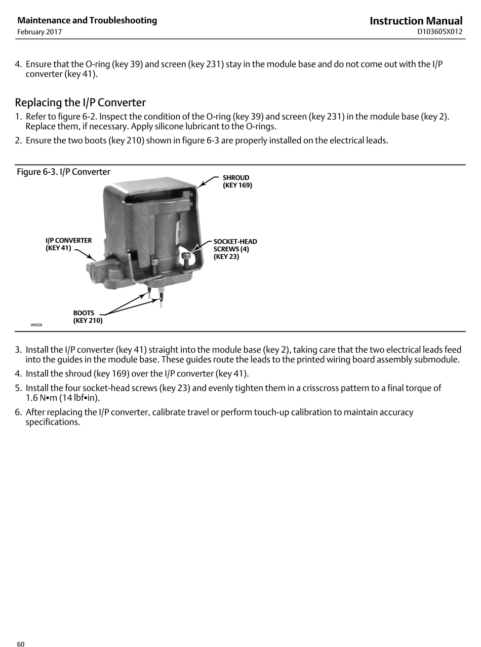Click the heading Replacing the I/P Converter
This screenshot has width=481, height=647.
coord(81,102)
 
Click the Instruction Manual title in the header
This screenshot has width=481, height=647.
coord(416,21)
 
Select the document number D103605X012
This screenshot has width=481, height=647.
coord(439,32)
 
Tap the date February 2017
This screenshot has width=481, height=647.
coord(39,32)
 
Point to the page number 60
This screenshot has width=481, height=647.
coord(21,644)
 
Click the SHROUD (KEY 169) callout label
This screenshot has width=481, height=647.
coord(237,181)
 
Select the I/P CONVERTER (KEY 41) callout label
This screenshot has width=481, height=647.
coord(68,244)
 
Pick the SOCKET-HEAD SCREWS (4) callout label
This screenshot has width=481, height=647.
coord(234,249)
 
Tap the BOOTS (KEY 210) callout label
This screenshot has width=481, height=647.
coord(87,317)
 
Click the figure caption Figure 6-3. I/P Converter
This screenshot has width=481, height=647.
coord(63,172)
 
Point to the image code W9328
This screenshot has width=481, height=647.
coord(36,325)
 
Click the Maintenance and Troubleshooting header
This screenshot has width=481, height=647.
coord(87,20)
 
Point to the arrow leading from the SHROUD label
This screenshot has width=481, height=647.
coord(209,181)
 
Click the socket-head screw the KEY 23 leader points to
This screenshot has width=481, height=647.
coord(187,255)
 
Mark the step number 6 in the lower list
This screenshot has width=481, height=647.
coord(18,412)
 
